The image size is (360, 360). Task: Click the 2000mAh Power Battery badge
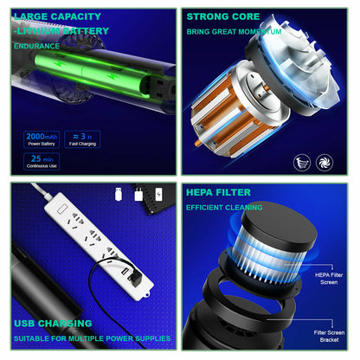[42, 139]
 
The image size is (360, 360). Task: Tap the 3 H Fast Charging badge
[82, 139]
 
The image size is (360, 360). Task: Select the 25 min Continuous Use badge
[42, 162]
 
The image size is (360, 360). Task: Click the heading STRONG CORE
[223, 16]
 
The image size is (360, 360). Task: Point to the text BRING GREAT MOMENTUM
[234, 32]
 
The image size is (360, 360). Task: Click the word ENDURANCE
[36, 46]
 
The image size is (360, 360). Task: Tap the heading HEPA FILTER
[218, 192]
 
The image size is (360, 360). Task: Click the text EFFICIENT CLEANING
[224, 208]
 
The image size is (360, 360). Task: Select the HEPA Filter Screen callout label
[329, 279]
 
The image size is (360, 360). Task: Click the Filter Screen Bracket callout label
[329, 336]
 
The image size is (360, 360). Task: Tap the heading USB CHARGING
[53, 324]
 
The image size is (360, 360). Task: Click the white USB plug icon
[119, 194]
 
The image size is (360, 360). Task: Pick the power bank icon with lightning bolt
[158, 194]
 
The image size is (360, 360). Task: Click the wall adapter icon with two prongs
[138, 194]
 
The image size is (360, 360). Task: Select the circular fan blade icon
[325, 163]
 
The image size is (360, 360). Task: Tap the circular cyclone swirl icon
[302, 163]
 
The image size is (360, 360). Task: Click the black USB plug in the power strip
[134, 279]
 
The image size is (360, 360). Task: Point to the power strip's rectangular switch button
[62, 209]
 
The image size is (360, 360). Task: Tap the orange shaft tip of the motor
[197, 143]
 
